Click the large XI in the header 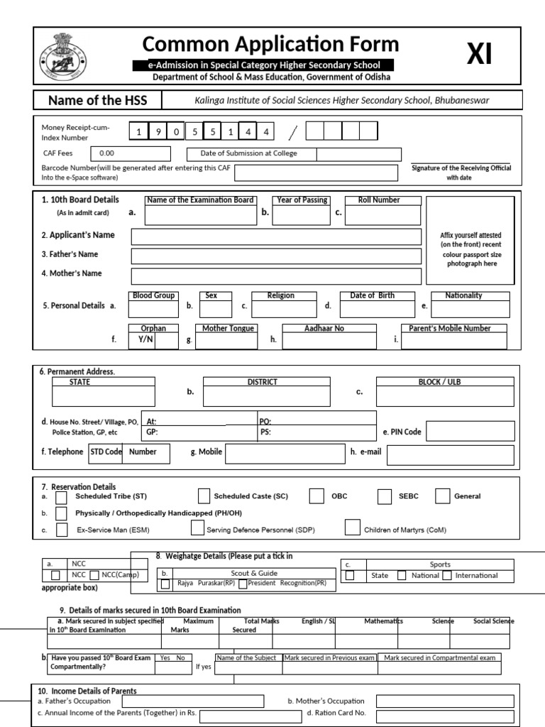tap(479, 55)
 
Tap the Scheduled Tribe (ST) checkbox tap(62, 498)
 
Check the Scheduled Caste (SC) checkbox tap(204, 496)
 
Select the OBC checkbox tap(317, 496)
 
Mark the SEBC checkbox tap(385, 496)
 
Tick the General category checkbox tap(443, 496)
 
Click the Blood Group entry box tap(153, 309)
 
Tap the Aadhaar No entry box tap(324, 341)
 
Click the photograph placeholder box tap(470, 240)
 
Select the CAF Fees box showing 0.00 tap(131, 153)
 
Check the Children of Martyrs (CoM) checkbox tap(352, 527)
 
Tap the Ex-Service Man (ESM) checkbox tap(62, 530)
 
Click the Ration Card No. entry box tap(444, 714)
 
